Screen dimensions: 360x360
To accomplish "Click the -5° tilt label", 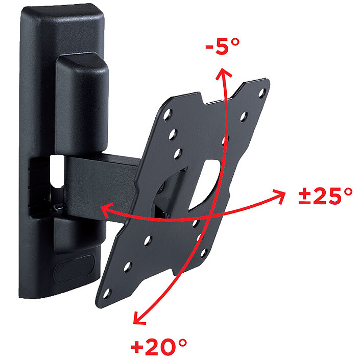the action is (x=222, y=46).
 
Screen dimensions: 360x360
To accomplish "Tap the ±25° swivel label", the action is (x=325, y=196).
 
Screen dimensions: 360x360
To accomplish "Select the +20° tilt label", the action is (x=159, y=346).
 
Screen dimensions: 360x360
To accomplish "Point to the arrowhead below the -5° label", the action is (x=223, y=74).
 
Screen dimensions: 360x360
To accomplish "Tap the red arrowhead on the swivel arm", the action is (x=107, y=210).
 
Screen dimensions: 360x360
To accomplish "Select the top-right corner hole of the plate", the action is (x=262, y=93).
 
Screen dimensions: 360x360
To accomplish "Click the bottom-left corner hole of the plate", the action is (x=107, y=294).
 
